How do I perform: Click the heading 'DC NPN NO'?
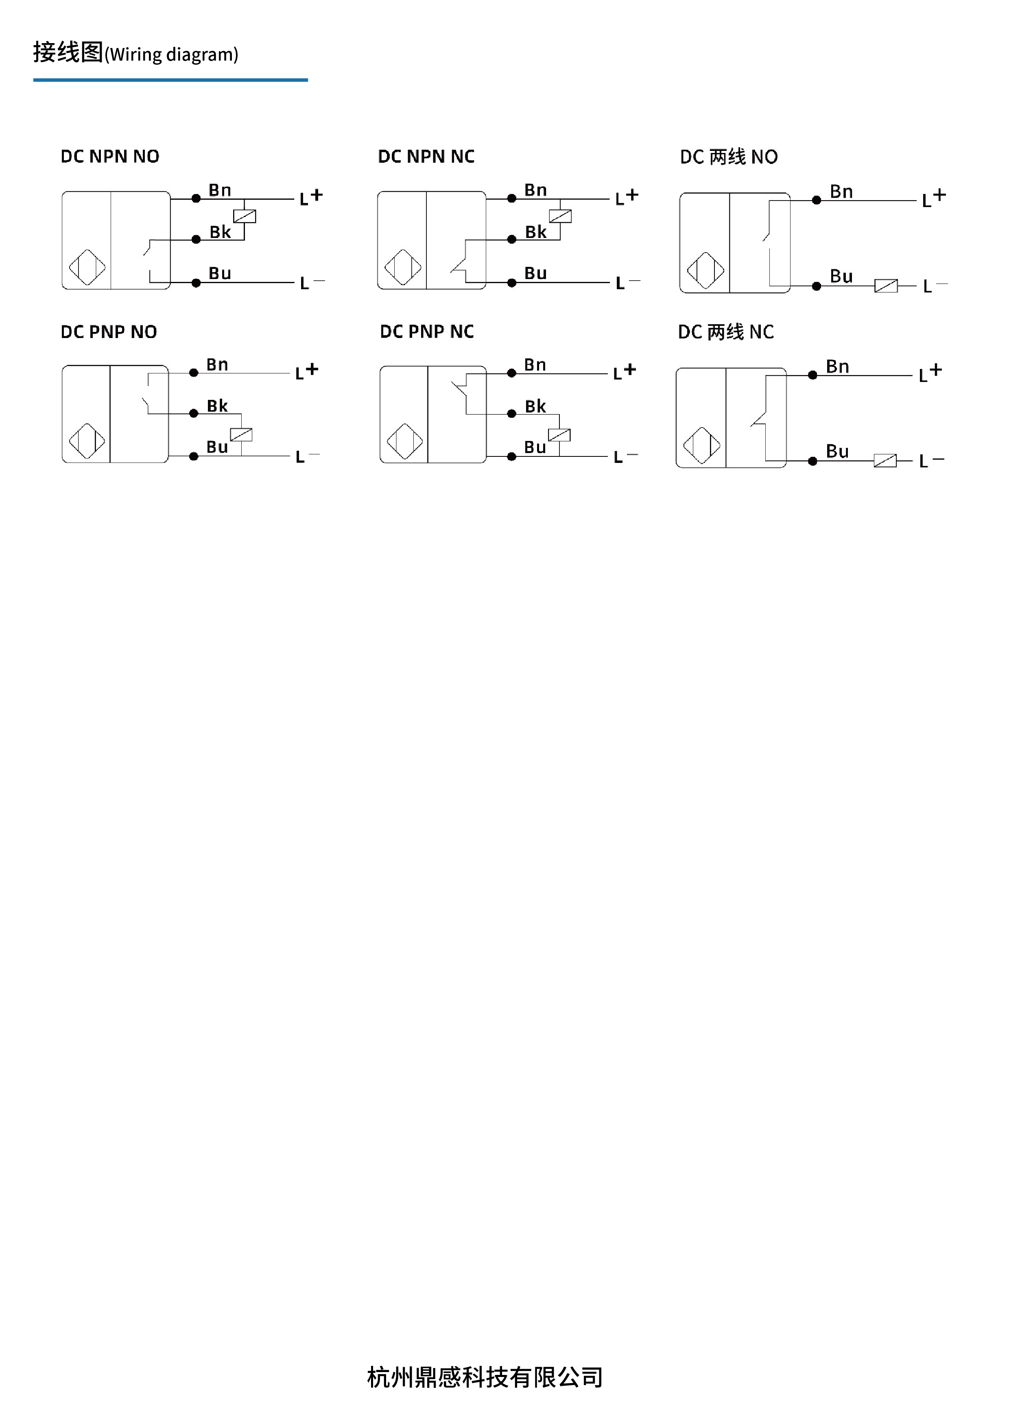(109, 157)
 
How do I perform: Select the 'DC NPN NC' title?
(426, 157)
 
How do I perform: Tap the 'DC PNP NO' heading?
(109, 332)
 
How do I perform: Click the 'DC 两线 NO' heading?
(729, 157)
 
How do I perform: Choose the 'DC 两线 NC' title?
(725, 332)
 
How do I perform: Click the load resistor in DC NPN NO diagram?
(245, 216)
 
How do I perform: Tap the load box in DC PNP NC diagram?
(559, 435)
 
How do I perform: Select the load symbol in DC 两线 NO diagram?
(886, 286)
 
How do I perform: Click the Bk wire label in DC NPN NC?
(535, 232)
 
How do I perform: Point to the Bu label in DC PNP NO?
(217, 447)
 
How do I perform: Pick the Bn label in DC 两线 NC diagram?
(837, 367)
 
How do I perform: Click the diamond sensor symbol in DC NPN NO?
(87, 268)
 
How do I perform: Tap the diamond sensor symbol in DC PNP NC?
(405, 442)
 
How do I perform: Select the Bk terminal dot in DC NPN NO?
(196, 239)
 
